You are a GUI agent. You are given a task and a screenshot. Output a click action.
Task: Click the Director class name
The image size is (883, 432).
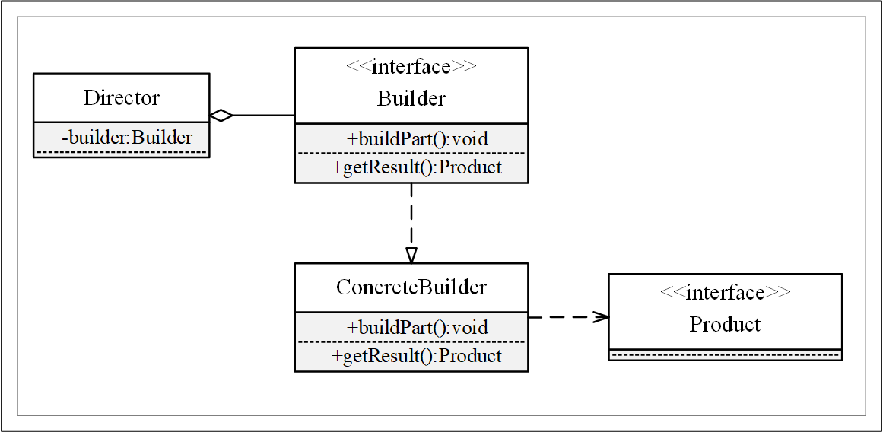point(122,98)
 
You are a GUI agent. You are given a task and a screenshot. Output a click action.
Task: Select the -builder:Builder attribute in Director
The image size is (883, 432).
point(127,138)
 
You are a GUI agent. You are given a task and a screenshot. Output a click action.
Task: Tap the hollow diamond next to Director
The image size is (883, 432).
point(221,116)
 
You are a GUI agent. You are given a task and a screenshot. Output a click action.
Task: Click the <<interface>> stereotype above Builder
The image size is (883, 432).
point(411,67)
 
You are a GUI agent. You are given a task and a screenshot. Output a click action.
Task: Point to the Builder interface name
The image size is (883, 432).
point(411,99)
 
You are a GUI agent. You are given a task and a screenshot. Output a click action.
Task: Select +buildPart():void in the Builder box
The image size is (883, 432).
point(417,139)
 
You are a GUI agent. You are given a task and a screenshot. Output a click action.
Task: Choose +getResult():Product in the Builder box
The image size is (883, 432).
point(417,167)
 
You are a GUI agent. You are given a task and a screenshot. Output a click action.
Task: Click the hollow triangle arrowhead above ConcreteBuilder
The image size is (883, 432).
point(411,254)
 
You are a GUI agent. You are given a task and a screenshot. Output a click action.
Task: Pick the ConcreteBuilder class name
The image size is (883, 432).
point(411,287)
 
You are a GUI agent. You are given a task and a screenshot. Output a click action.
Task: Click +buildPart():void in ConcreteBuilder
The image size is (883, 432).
point(417,328)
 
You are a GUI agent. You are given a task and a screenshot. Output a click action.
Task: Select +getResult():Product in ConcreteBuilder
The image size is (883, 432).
point(417,356)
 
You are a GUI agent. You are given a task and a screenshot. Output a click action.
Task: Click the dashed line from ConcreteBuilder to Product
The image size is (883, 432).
point(563,317)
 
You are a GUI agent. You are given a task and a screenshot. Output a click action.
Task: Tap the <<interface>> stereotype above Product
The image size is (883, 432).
point(725,293)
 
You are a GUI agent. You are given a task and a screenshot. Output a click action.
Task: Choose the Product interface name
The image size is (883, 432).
point(725,325)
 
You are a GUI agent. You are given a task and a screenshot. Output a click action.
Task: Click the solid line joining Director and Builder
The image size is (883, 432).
point(263,116)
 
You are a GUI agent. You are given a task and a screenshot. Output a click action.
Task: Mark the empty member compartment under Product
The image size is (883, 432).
point(725,354)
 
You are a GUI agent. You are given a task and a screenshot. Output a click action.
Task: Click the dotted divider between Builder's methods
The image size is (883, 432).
point(411,154)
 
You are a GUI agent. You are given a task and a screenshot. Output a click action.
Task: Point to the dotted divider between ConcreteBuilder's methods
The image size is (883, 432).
point(411,342)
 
